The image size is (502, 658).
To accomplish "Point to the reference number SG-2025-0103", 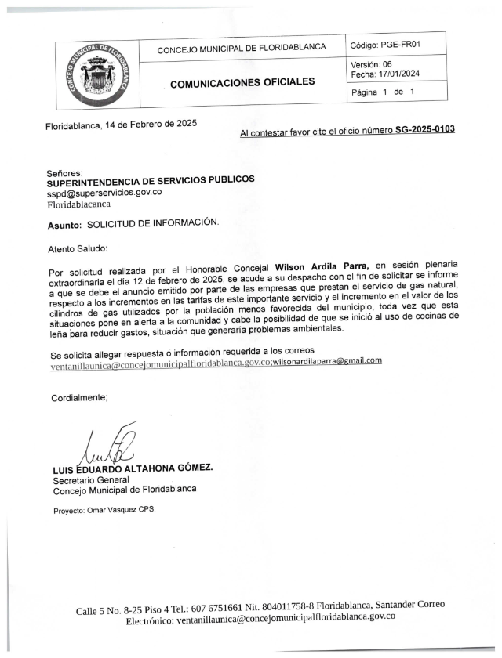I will (x=424, y=129).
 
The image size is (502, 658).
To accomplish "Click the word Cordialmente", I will (x=79, y=398).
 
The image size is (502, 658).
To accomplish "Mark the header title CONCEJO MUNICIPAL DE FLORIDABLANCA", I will (x=242, y=49).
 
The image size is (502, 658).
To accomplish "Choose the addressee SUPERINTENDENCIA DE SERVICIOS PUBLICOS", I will (x=151, y=181).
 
